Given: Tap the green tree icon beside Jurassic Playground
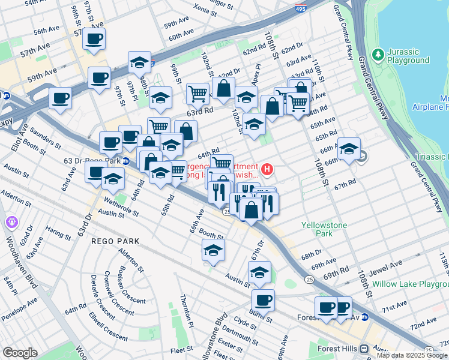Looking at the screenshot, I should pos(378,56).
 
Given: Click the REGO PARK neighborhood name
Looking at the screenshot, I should pos(115,241).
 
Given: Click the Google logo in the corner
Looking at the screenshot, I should pos(20,353).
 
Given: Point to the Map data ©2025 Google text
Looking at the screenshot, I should pos(412,355).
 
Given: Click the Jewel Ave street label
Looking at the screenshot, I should pos(387,264).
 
